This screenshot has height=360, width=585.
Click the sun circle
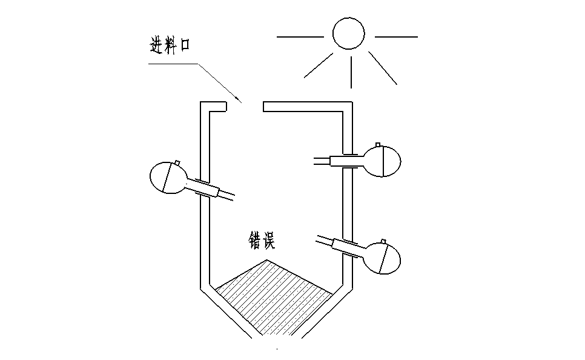pos(348,33)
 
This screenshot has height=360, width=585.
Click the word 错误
pos(262,240)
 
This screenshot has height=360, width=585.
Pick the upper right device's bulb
pos(382,161)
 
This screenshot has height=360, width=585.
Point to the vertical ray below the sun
pos(351,72)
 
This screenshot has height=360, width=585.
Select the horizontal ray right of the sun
pos(396,37)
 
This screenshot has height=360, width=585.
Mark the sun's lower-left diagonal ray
pos(318,65)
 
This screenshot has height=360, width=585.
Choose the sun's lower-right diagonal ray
pos(383,67)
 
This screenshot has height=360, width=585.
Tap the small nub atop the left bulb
pos(177,162)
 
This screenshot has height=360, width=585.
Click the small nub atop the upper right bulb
pos(378,144)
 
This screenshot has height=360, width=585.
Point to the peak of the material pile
pos(266,260)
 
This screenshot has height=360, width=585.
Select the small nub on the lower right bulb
pos(386,242)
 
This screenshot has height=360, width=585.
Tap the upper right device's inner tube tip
pos(315,161)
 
